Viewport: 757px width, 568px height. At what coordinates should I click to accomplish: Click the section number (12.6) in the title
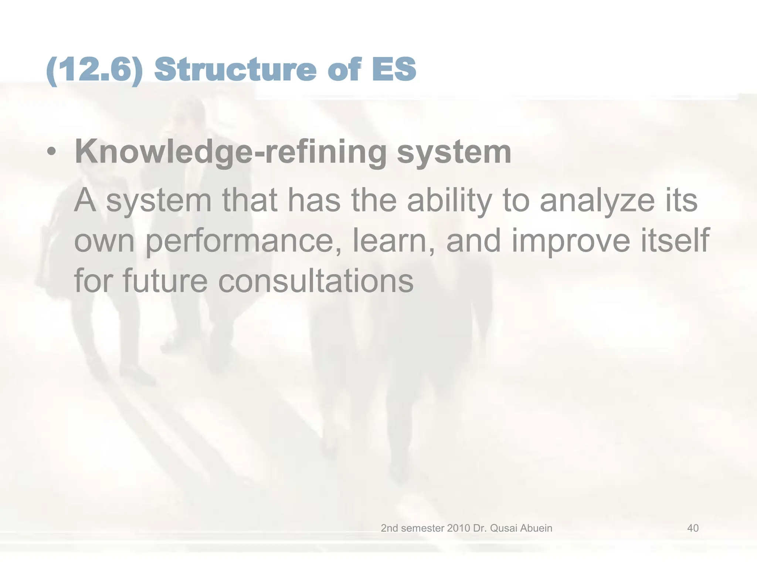95,70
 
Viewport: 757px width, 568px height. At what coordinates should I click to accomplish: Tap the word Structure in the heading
235,70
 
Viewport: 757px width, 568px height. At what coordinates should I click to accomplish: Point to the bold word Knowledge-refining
231,152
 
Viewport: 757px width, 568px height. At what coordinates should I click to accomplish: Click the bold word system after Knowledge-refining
454,152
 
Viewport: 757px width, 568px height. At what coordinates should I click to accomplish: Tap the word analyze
597,201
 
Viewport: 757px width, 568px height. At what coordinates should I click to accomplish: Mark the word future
165,281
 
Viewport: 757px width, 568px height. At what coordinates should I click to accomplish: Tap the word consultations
316,281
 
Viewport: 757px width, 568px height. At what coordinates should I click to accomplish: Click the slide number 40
693,528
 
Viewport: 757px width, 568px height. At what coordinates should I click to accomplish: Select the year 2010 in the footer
458,528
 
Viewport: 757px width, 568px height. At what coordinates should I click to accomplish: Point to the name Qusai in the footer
503,528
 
